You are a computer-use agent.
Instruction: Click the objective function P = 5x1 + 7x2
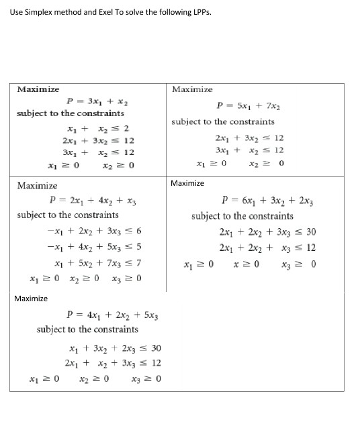point(248,105)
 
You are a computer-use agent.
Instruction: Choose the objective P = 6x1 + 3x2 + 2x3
point(269,199)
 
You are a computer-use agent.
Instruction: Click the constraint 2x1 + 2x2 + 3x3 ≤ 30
point(267,232)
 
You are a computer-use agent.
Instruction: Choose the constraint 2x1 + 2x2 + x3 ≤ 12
point(267,248)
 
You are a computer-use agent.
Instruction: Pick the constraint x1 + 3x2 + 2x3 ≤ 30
point(115,348)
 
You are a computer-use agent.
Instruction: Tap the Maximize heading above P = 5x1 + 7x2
point(192,89)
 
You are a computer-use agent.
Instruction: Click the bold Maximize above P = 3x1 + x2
point(38,89)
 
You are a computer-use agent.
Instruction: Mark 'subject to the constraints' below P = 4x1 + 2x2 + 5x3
point(87,329)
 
